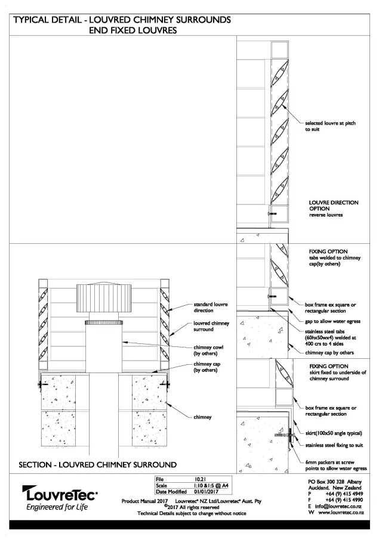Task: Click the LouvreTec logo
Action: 60,494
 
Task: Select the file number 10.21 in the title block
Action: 200,479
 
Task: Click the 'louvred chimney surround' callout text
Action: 211,326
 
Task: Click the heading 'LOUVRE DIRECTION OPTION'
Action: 333,206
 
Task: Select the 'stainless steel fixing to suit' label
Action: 335,445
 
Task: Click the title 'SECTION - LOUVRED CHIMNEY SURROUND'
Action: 97,464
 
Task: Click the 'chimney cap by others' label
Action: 329,352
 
